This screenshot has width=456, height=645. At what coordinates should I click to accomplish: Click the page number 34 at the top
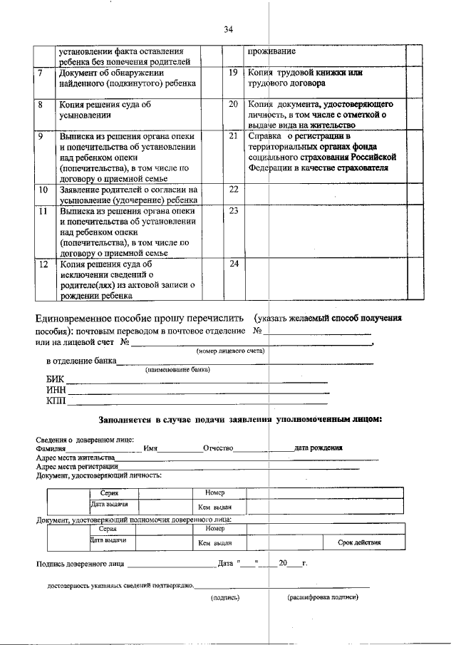[x=228, y=29]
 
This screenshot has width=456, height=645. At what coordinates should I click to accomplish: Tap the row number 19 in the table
[x=232, y=73]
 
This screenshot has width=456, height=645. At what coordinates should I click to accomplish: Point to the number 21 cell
[x=232, y=135]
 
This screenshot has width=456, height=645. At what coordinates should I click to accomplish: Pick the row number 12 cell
[x=43, y=264]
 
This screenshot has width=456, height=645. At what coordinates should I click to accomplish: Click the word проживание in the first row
[x=271, y=52]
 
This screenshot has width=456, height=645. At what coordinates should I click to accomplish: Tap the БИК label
[x=55, y=379]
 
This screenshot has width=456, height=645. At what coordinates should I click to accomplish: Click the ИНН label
[x=56, y=390]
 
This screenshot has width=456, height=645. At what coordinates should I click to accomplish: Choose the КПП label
[x=56, y=401]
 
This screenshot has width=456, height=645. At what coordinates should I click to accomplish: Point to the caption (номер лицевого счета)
[x=231, y=351]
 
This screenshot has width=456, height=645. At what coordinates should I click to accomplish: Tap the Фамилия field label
[x=51, y=448]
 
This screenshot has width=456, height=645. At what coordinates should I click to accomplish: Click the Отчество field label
[x=218, y=448]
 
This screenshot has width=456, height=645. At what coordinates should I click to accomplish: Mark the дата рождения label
[x=318, y=448]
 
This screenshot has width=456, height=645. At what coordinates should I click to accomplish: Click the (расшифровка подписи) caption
[x=323, y=597]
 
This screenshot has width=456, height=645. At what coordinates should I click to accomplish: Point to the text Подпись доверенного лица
[x=79, y=564]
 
